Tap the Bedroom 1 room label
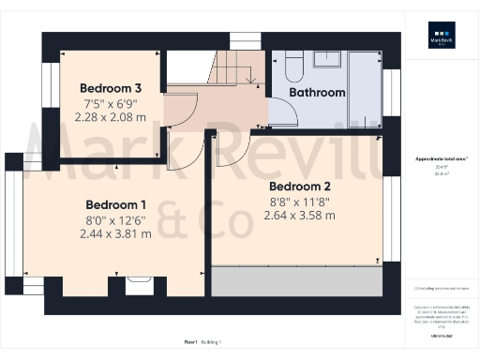point(116,205)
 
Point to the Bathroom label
point(317,93)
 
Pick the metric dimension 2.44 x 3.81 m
point(116,234)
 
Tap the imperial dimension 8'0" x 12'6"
point(116,220)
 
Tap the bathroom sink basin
point(326,60)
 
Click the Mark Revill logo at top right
point(441,44)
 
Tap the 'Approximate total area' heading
point(440,160)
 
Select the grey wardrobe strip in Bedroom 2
point(297,280)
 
